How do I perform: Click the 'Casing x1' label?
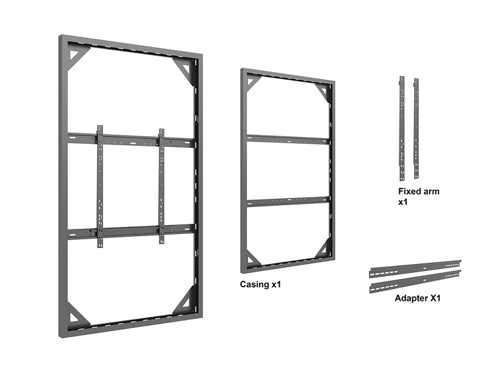260,285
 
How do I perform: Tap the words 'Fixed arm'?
419,192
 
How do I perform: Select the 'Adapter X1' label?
417,298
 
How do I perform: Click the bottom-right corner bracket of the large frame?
184,300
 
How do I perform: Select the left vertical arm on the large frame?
100,187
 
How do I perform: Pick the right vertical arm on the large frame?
162,187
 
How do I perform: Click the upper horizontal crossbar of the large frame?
131,140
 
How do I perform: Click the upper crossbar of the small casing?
288,139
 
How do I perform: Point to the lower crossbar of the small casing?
288,201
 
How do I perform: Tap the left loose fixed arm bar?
402,128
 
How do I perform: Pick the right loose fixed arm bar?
416,128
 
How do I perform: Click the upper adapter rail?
415,269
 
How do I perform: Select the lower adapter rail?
415,281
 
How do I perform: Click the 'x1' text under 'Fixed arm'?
402,202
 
